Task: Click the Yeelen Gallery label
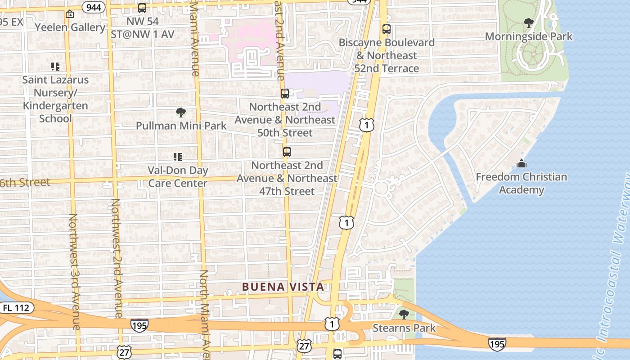(x=70, y=27)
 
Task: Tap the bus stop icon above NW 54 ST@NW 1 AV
(x=142, y=8)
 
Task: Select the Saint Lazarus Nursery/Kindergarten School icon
(x=55, y=67)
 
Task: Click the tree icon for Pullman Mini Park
(x=181, y=112)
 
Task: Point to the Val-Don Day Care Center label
(x=178, y=177)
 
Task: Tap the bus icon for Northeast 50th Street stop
(x=285, y=94)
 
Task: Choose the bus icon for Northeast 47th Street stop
(x=287, y=152)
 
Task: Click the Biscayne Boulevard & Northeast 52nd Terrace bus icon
(x=387, y=29)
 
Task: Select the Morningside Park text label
(x=529, y=36)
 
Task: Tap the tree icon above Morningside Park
(x=529, y=22)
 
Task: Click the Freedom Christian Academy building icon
(x=522, y=163)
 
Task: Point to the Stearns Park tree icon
(x=404, y=314)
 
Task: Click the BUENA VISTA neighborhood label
(x=283, y=287)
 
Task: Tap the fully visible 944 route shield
(x=94, y=7)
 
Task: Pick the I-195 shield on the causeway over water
(x=497, y=343)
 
